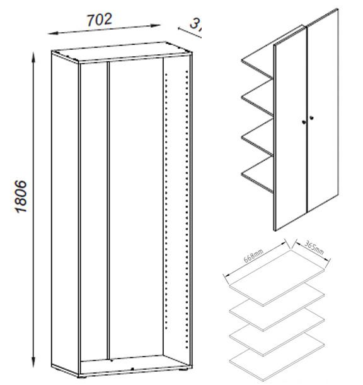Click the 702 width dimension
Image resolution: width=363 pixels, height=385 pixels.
click(100, 20)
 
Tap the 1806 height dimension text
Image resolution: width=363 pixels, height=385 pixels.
click(21, 197)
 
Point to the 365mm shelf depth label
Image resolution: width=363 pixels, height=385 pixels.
click(313, 248)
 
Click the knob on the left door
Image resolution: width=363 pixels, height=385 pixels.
click(303, 121)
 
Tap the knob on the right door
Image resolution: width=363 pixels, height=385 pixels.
click(312, 117)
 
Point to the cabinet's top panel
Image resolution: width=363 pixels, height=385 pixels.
click(120, 52)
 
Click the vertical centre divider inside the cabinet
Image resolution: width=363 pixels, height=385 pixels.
click(109, 208)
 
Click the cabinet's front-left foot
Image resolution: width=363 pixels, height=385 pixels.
click(83, 377)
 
